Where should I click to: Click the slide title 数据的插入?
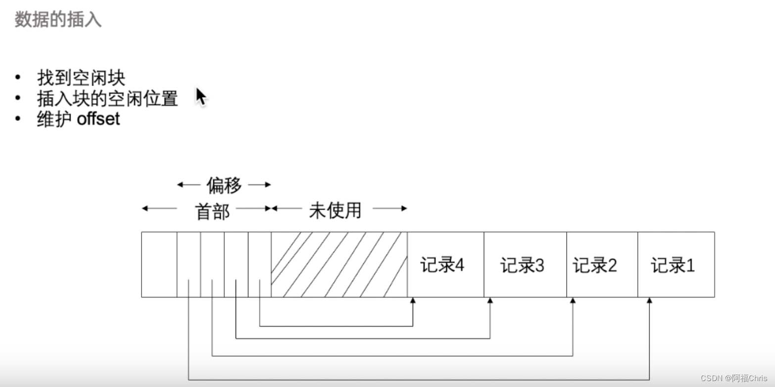pos(58,20)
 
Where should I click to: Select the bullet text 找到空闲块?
pos(81,78)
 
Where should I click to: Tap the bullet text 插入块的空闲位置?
pos(107,98)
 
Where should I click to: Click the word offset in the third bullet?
pos(98,119)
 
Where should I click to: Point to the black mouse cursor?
pos(200,96)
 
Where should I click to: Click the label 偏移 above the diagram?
pos(224,185)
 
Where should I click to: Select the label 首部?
pos(213,211)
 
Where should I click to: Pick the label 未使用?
pos(335,210)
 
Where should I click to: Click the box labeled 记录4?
pos(445,265)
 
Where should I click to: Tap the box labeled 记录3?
pos(525,265)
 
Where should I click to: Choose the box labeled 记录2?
pos(602,265)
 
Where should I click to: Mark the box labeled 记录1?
pos(676,265)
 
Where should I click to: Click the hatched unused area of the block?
pos(339,265)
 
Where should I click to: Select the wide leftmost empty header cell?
pos(159,265)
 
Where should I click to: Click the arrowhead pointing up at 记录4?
pos(413,300)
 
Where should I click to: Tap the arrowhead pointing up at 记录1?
pos(649,300)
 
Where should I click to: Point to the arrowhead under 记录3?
pos(490,300)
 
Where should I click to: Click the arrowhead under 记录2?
pos(573,300)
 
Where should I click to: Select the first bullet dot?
pos(18,78)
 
